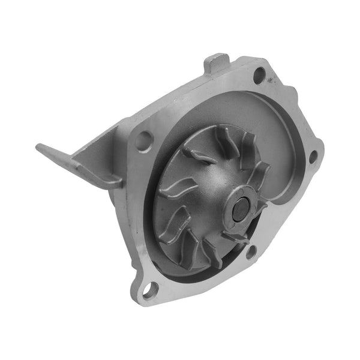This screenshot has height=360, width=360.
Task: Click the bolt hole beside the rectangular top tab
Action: pos(260,75)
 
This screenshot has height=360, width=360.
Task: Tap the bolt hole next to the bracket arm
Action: pos(145,140)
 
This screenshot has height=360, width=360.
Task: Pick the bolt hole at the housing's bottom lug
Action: pos(149,292)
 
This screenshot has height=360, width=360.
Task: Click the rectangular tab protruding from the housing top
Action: pos(216,63)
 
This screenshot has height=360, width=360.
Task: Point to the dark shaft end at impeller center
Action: pos(239,208)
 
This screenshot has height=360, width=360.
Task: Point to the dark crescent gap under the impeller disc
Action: pos(180,264)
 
